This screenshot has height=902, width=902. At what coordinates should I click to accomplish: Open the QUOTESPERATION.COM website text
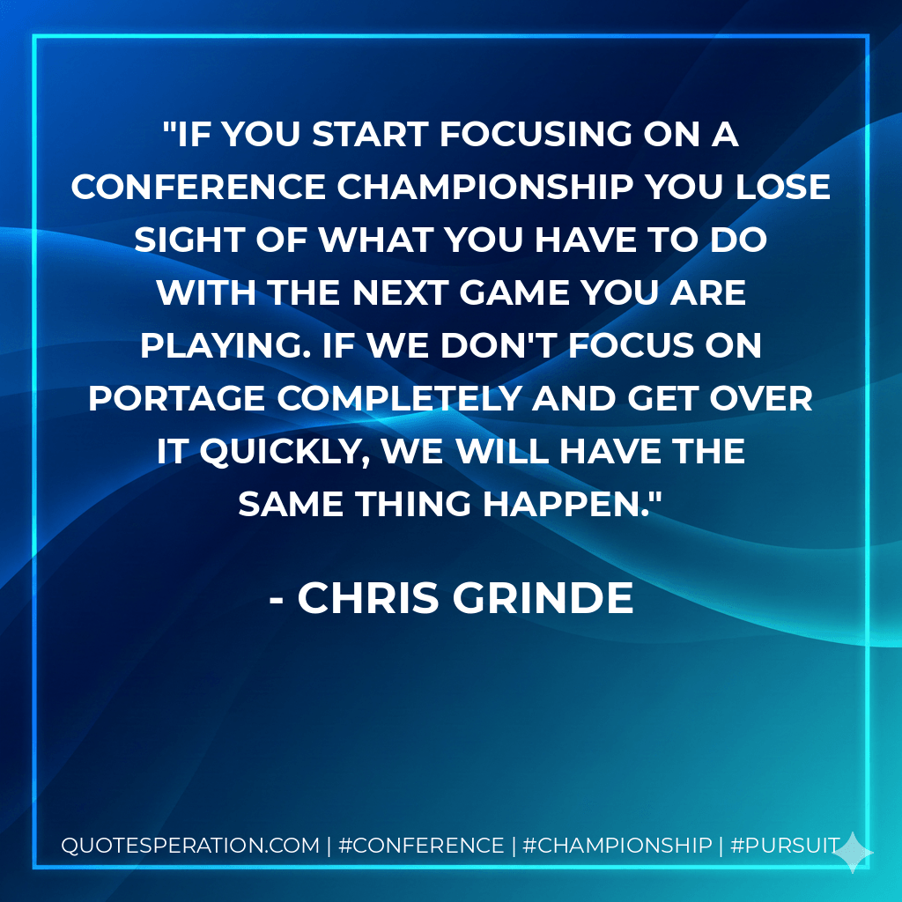tap(190, 846)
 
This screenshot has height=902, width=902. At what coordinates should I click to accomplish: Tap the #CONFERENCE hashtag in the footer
tap(421, 846)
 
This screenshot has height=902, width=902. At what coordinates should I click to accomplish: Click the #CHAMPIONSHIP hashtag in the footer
tap(617, 846)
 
